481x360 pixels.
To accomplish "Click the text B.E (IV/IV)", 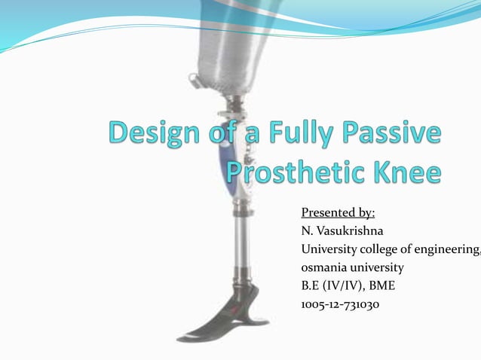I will coord(332,286).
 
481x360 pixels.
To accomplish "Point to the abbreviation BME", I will coord(381,286).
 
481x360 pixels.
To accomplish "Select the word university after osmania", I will coord(379,267).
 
